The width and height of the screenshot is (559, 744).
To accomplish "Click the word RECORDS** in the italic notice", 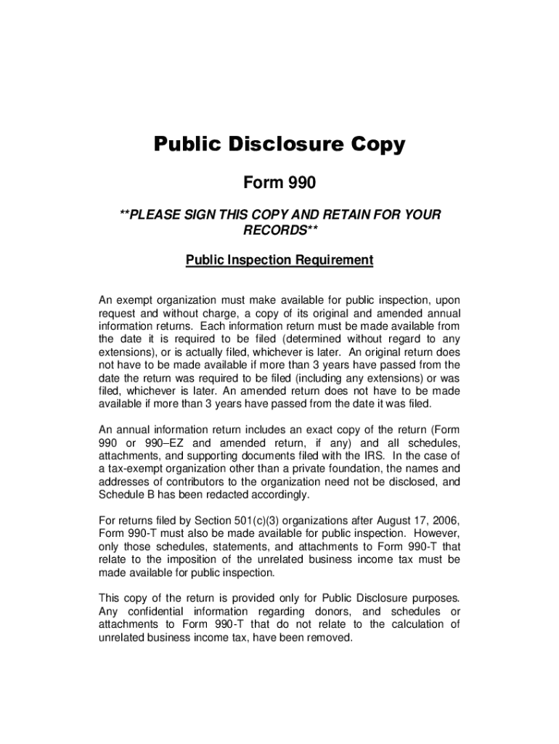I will click(280, 230).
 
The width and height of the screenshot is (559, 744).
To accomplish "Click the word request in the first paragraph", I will click(118, 312).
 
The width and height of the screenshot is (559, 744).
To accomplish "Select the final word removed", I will click(329, 638).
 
